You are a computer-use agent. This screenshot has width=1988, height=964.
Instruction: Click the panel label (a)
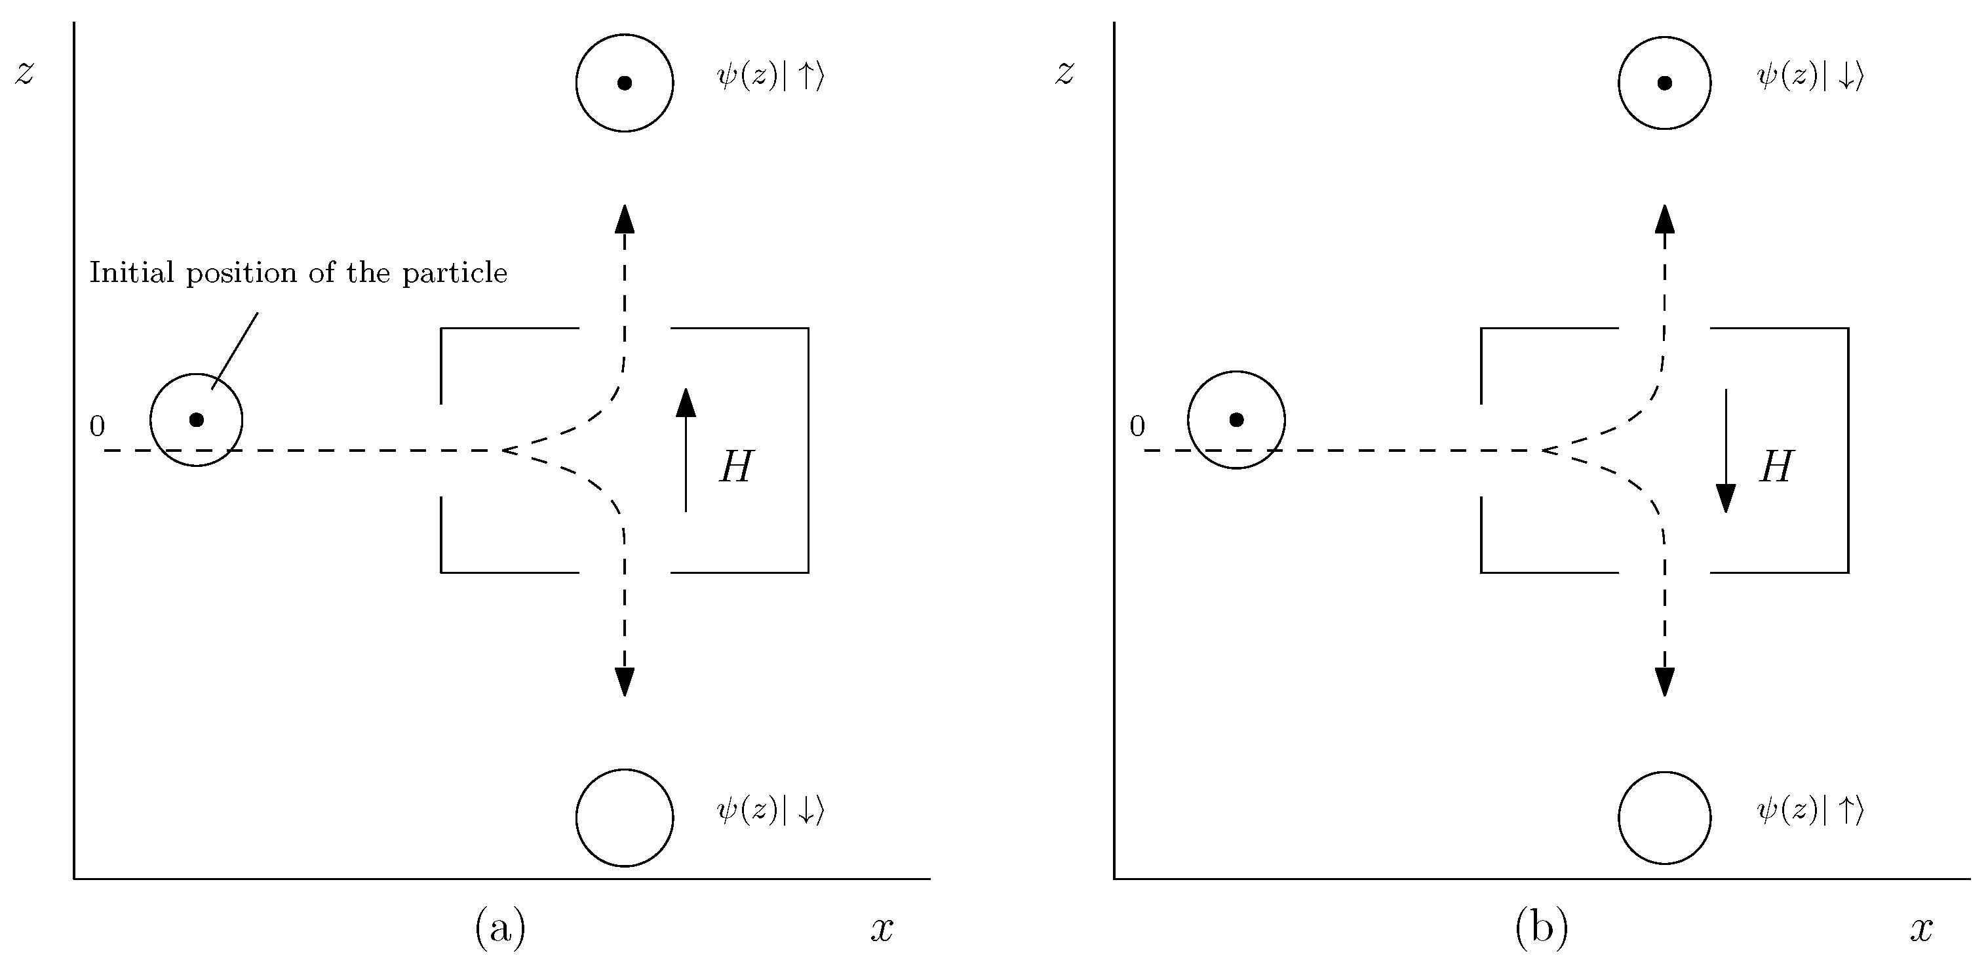[500, 927]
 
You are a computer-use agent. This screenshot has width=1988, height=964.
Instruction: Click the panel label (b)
[1541, 927]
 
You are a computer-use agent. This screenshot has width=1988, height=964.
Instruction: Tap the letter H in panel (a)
[735, 467]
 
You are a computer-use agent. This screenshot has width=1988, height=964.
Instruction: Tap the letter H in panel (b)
[1776, 467]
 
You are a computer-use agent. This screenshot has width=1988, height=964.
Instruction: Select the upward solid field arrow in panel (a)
[686, 449]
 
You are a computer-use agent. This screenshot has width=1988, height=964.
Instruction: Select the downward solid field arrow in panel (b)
[1726, 451]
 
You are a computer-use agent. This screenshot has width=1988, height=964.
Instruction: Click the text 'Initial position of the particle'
[298, 272]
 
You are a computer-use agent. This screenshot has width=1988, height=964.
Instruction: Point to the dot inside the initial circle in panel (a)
[196, 419]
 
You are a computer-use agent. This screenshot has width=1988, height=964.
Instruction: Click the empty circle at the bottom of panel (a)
[625, 817]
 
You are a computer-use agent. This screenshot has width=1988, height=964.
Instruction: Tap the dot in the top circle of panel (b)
[1665, 83]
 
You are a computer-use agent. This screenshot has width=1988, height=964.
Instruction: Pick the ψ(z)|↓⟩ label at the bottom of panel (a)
[770, 811]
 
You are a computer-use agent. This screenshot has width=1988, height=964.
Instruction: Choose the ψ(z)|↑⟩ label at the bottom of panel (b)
[1810, 811]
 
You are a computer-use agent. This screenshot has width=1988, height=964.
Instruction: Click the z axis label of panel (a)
[25, 73]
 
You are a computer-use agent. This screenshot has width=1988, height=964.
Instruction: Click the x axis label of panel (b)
[1922, 929]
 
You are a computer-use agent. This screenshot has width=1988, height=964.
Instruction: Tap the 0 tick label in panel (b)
[1137, 426]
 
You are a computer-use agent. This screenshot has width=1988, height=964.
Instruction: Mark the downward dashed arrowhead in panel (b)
[1665, 681]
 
